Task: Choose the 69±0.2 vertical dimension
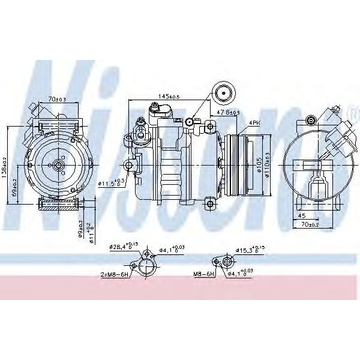click(x=14, y=186)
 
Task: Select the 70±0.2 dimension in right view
click(x=311, y=224)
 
